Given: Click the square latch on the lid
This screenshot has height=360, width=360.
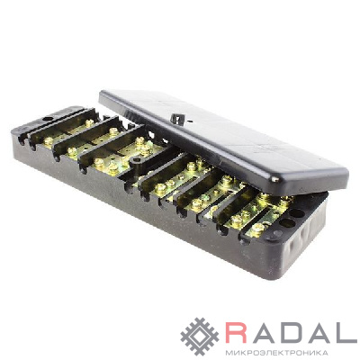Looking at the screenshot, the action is [x=177, y=119].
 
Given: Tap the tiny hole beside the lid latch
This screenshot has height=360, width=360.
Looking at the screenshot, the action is [x=190, y=122].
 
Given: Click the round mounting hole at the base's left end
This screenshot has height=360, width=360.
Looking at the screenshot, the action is [x=47, y=119].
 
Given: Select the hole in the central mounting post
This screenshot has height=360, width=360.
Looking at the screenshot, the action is [x=138, y=161].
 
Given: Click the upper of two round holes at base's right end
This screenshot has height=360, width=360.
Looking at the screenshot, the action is [x=296, y=213].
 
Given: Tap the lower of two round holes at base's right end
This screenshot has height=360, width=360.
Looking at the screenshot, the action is [x=288, y=223].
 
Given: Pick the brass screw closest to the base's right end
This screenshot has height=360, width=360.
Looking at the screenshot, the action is [x=257, y=230].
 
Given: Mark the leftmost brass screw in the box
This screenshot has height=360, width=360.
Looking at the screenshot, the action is [x=48, y=140].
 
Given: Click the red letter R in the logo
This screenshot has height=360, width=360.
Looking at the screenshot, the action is [x=236, y=333].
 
